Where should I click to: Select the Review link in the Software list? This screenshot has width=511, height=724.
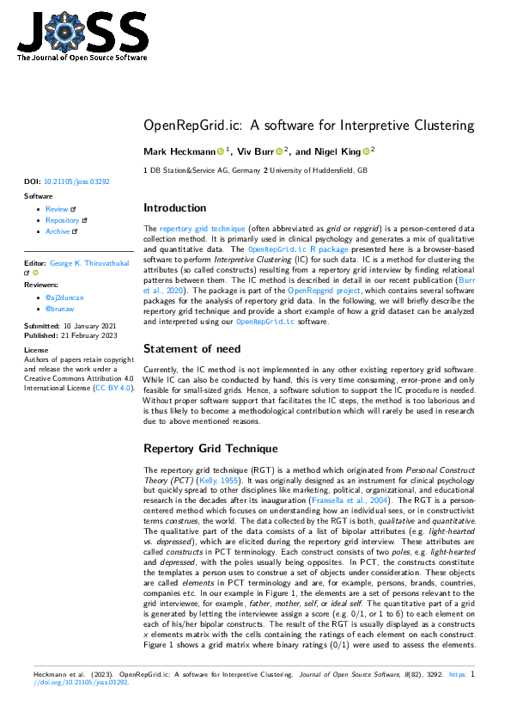[x=57, y=209]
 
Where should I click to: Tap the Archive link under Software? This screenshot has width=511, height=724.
[x=58, y=231]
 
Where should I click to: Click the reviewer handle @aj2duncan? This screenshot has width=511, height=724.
[x=64, y=297]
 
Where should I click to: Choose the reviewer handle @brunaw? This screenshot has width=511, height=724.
[x=59, y=308]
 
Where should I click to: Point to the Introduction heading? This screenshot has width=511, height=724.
[x=174, y=208]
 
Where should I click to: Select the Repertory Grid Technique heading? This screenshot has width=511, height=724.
[x=210, y=449]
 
